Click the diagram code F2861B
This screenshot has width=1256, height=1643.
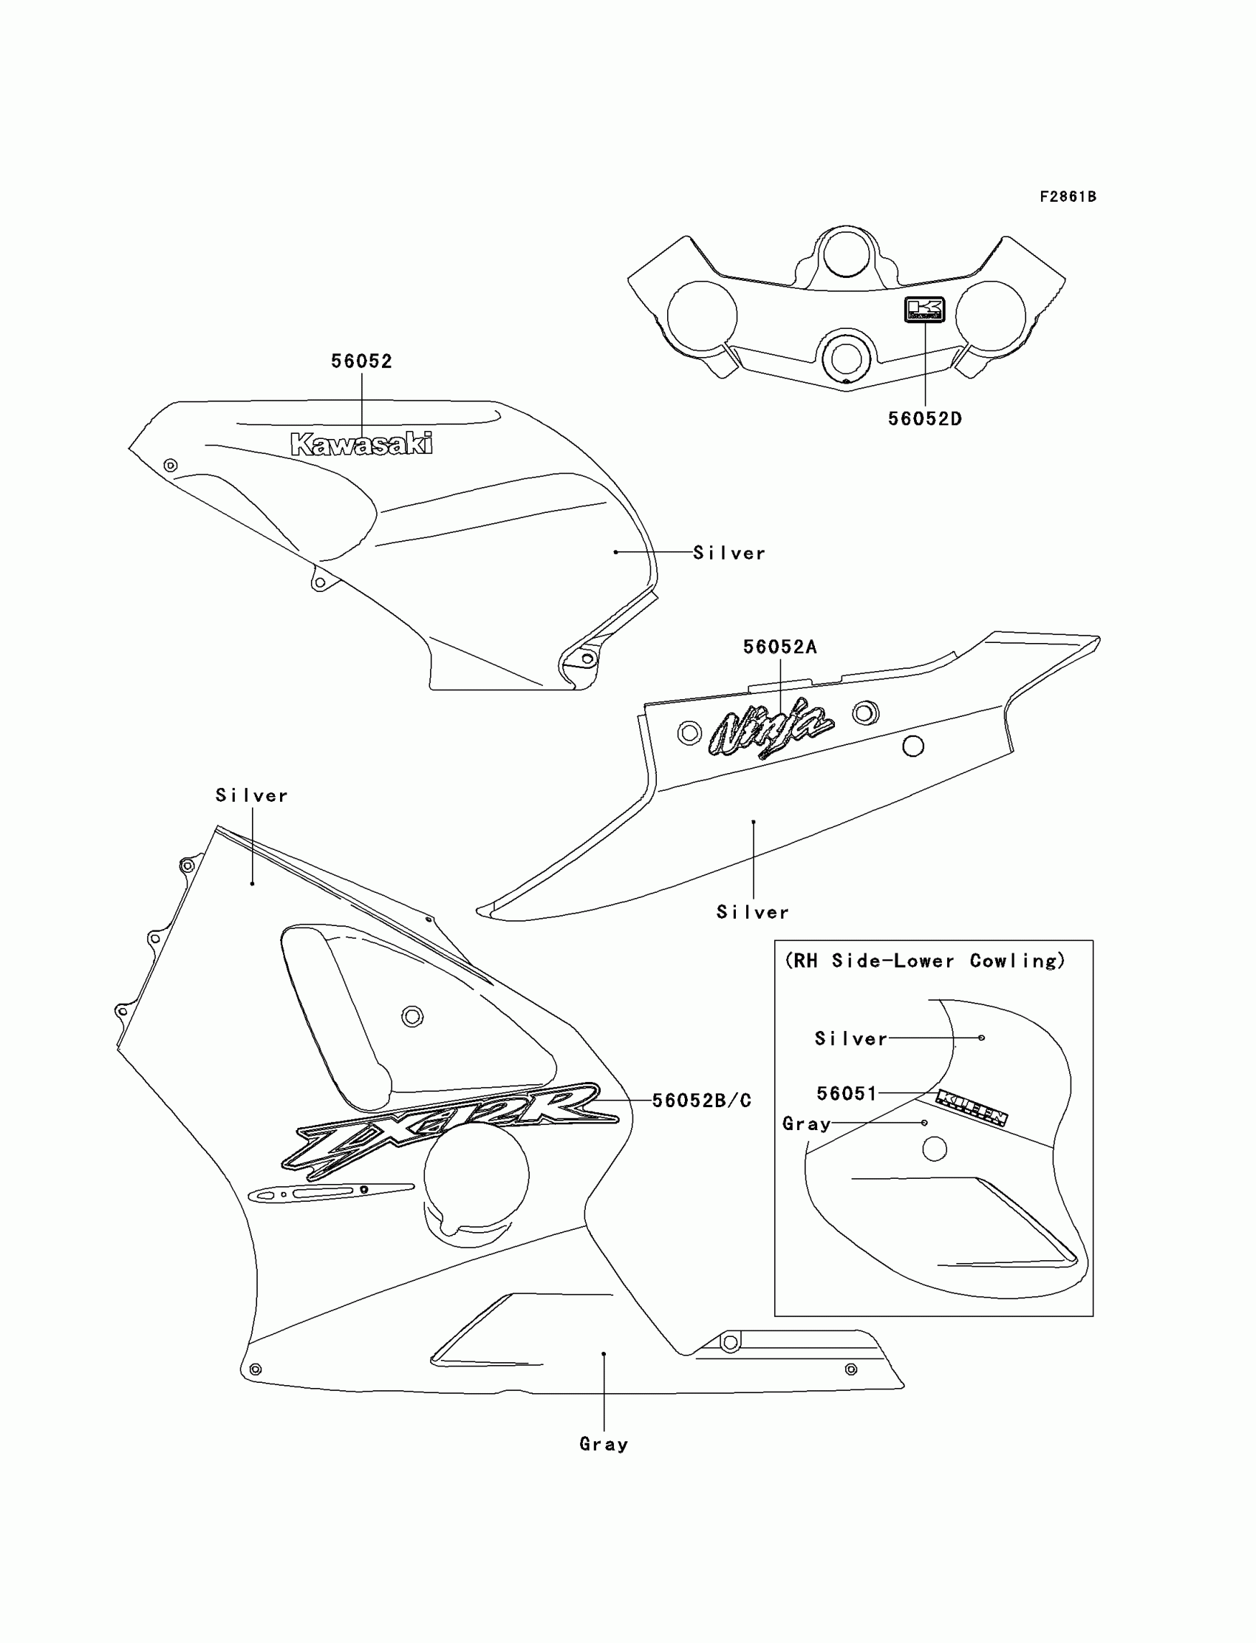click(1068, 197)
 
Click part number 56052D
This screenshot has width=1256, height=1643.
click(925, 420)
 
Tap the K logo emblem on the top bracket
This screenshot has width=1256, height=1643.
click(925, 309)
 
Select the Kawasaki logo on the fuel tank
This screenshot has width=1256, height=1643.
click(361, 444)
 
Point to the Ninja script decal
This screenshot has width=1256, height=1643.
click(771, 728)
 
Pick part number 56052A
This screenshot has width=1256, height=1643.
click(779, 647)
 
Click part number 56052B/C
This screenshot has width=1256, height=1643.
click(701, 1101)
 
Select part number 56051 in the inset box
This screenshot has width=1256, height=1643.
click(846, 1094)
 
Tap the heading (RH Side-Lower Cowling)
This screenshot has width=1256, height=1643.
click(925, 961)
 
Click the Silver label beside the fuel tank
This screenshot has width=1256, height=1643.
click(729, 554)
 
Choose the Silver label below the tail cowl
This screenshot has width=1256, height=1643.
click(752, 912)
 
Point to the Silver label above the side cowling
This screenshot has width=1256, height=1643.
click(251, 796)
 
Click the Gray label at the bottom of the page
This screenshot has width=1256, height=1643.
click(604, 1444)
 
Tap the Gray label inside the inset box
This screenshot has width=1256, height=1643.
click(806, 1124)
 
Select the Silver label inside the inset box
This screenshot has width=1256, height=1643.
click(851, 1038)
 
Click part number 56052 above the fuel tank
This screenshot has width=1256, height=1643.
click(361, 362)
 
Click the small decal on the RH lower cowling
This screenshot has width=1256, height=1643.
click(972, 1108)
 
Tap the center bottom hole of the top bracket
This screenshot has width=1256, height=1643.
click(845, 358)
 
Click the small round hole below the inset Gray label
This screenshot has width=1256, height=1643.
click(935, 1149)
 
